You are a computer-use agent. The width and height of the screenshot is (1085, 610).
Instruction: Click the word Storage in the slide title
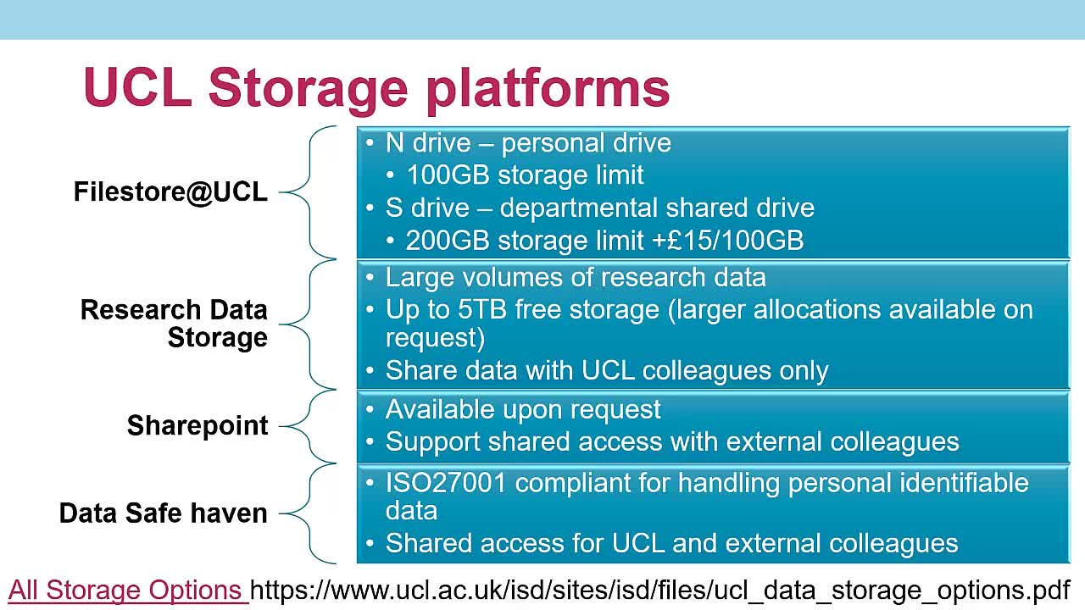(308, 90)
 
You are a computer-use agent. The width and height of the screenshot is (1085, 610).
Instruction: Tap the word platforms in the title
(548, 90)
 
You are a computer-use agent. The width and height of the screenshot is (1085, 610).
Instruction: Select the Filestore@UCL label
(170, 191)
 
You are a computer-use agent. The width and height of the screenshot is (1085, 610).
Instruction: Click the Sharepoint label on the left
(198, 426)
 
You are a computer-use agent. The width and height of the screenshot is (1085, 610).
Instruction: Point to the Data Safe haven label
(164, 513)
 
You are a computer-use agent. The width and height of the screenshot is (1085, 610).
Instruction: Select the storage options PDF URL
(659, 591)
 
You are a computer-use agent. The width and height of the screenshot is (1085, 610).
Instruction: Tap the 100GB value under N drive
(448, 175)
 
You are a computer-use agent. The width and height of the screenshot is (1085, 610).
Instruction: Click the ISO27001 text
(445, 483)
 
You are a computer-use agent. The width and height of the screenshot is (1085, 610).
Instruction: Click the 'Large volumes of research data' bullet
(576, 277)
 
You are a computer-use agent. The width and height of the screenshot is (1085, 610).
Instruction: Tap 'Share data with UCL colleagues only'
(607, 371)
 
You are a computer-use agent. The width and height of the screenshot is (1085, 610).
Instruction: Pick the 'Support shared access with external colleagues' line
(672, 442)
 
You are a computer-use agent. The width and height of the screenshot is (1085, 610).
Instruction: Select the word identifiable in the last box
(964, 483)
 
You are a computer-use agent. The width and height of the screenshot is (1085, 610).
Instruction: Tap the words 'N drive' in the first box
(428, 143)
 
